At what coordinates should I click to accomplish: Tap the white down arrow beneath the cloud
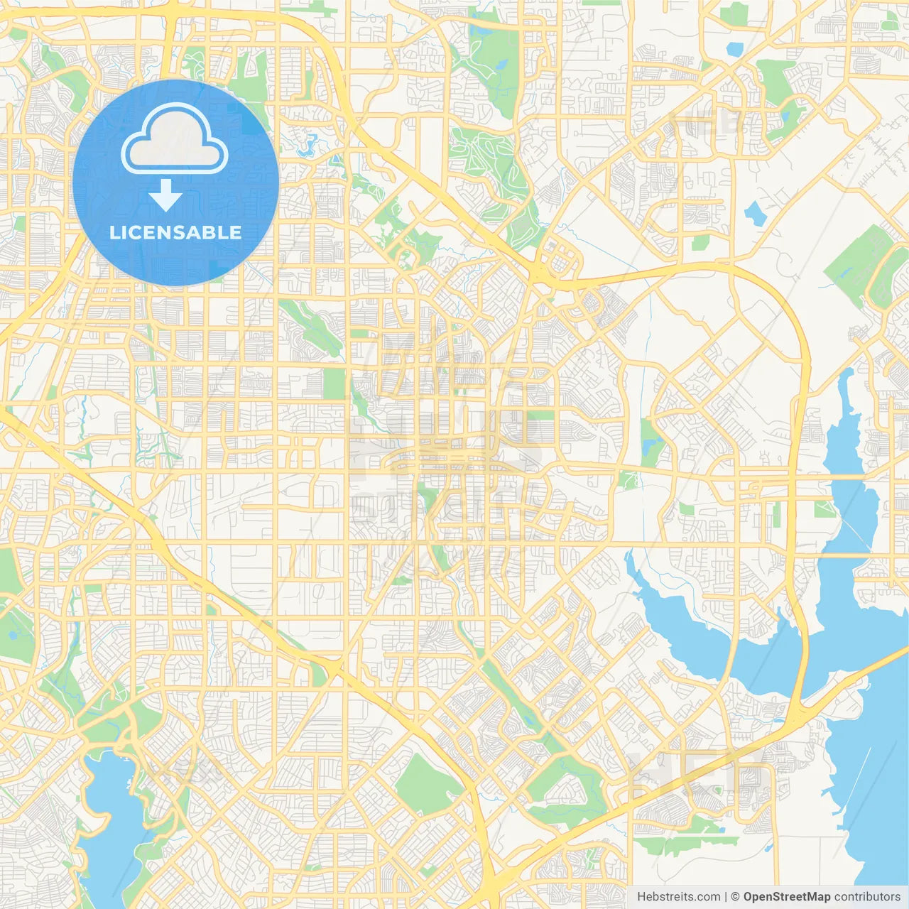click(165, 195)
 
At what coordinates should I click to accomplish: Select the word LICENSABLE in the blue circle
click(175, 232)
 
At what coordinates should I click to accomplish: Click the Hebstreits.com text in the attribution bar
click(678, 897)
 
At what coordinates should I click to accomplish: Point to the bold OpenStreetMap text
click(786, 897)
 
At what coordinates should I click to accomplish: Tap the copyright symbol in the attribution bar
click(735, 897)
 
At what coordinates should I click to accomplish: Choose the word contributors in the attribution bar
click(867, 897)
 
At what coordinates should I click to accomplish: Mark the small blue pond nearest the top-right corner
click(734, 49)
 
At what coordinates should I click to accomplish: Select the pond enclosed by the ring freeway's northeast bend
click(753, 211)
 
